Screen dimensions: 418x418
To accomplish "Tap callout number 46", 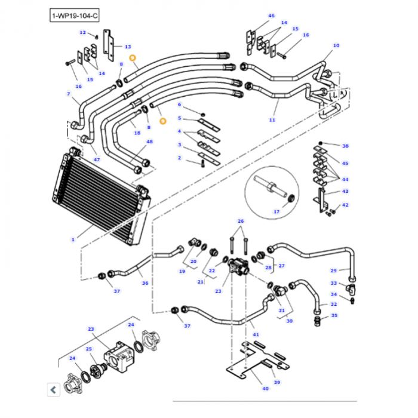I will [271, 16].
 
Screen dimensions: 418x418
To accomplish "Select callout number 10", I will [336, 45].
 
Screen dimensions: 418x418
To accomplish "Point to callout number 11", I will [272, 120].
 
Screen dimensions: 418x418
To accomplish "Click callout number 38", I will [345, 146].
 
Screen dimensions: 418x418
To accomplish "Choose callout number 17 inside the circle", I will [276, 211].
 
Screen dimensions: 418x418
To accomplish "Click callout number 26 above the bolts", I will [241, 222].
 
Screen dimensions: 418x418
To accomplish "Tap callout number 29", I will [333, 271].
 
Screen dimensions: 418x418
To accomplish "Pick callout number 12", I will [82, 32].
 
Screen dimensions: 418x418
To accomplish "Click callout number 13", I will [127, 46].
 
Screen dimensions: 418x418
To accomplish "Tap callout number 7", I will [68, 94].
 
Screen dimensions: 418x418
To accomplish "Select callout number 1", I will [73, 239].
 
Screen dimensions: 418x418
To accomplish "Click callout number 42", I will [345, 205].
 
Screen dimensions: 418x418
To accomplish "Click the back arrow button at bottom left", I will [53, 390].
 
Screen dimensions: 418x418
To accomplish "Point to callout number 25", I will [88, 349].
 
